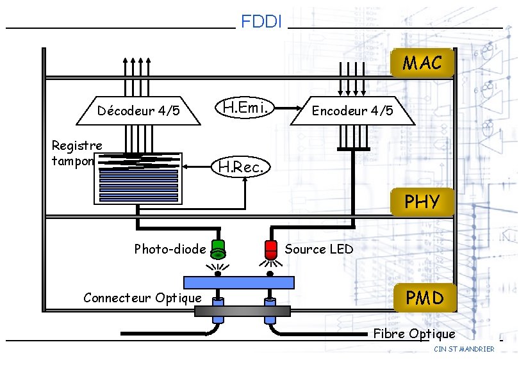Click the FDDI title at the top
261,22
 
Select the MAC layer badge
422,63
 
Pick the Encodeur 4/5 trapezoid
352,111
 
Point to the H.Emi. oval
244,108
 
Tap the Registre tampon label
76,153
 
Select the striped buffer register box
138,179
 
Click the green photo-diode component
218,248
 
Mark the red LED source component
270,248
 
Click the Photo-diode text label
170,249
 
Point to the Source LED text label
318,249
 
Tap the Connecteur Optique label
142,297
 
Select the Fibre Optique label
414,334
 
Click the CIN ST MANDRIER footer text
464,349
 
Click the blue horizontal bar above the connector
238,282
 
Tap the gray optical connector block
243,311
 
